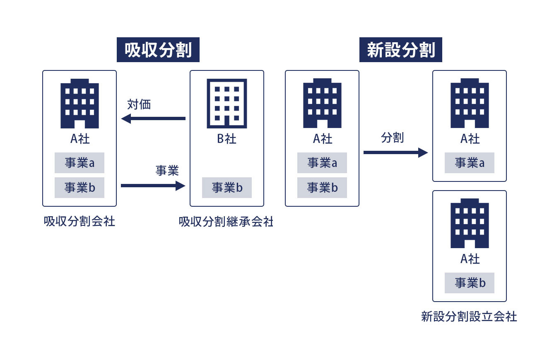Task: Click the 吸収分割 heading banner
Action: (x=158, y=50)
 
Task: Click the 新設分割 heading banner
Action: (x=400, y=50)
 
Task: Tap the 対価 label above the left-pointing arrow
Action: (x=139, y=104)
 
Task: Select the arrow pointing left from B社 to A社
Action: (x=153, y=118)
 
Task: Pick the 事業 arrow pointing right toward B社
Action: (x=153, y=186)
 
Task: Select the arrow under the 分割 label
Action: (x=395, y=152)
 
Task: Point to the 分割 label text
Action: (x=392, y=138)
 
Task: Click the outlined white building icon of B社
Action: (x=227, y=103)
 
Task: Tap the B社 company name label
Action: (x=227, y=139)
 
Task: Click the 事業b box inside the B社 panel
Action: (x=227, y=188)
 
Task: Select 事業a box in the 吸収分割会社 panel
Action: (x=80, y=163)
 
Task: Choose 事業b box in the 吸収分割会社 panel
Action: (x=80, y=188)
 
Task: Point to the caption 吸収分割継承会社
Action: (x=226, y=222)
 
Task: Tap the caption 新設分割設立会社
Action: (x=469, y=317)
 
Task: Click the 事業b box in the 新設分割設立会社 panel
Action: (x=470, y=283)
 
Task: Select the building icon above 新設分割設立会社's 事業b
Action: (x=470, y=223)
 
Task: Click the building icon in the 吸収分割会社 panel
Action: (x=80, y=103)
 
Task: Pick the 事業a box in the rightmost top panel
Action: (x=470, y=163)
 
